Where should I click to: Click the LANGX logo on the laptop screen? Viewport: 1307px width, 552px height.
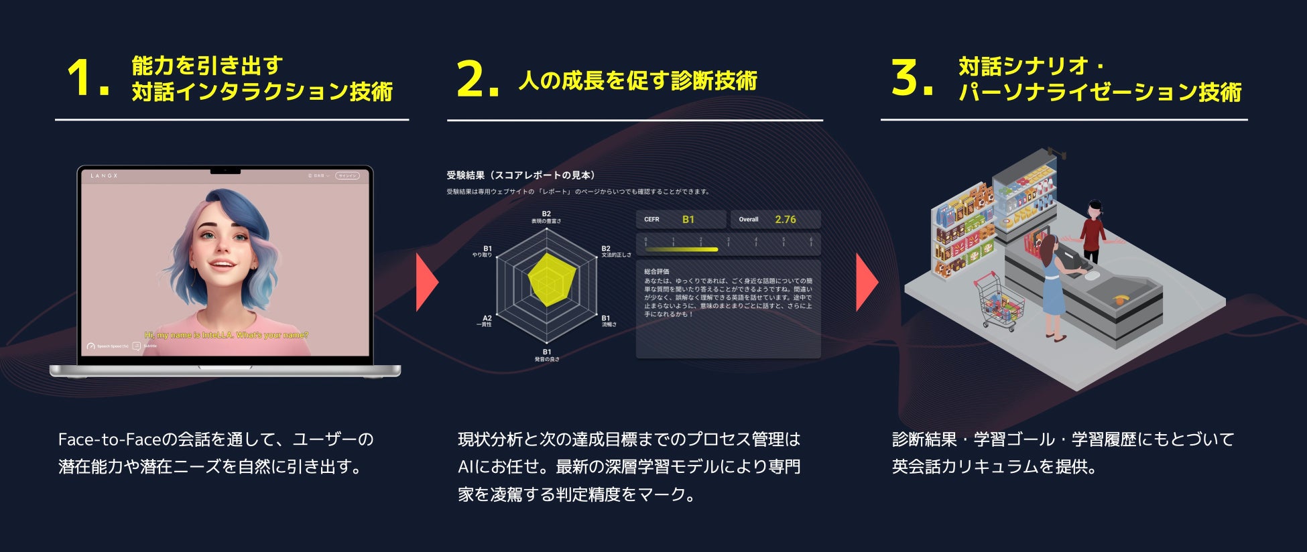pyautogui.click(x=104, y=176)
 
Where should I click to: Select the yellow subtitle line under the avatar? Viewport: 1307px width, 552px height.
pyautogui.click(x=226, y=335)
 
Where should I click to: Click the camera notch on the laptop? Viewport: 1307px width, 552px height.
pyautogui.click(x=225, y=171)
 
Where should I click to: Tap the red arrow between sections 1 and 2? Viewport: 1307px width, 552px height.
pyautogui.click(x=426, y=282)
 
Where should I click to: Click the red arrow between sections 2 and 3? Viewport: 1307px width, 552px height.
pyautogui.click(x=866, y=282)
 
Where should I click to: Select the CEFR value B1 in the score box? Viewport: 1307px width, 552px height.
pyautogui.click(x=688, y=220)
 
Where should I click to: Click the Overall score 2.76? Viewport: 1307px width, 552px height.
pyautogui.click(x=785, y=220)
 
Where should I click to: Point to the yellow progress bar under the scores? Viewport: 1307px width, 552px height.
pyautogui.click(x=681, y=249)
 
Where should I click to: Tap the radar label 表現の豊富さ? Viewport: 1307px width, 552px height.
pyautogui.click(x=546, y=221)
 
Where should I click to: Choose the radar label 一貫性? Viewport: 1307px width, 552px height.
pyautogui.click(x=485, y=325)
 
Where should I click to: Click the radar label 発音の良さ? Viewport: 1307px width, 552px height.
pyautogui.click(x=546, y=360)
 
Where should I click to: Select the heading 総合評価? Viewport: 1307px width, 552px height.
pyautogui.click(x=656, y=271)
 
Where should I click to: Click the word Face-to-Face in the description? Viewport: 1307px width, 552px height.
pyautogui.click(x=109, y=440)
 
